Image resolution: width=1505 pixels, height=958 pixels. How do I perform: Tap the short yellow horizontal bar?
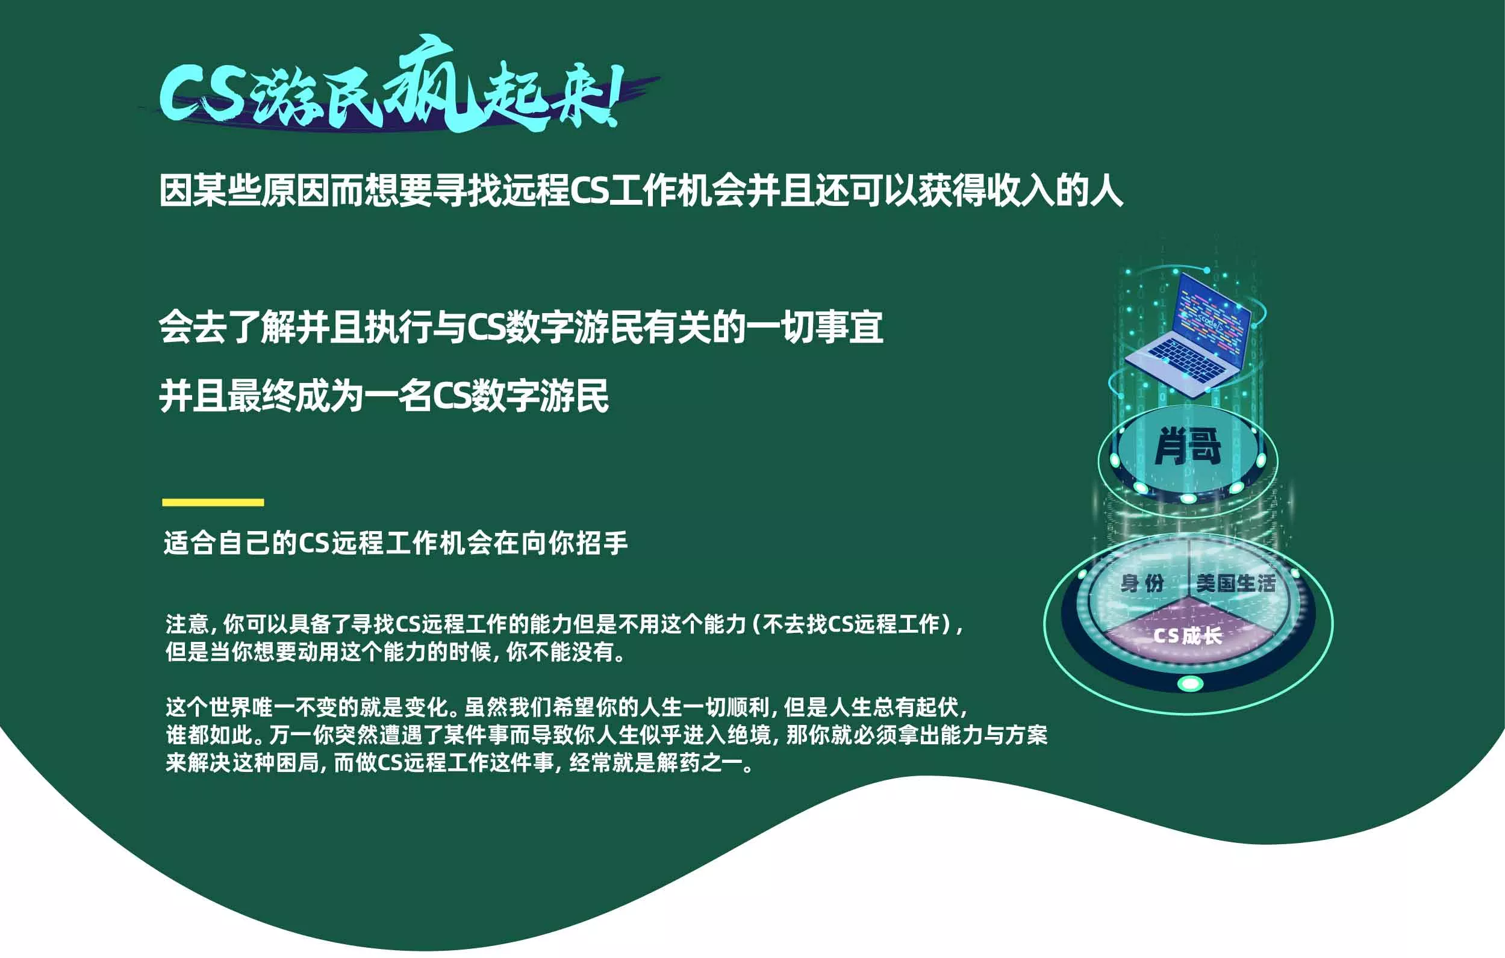coord(213,502)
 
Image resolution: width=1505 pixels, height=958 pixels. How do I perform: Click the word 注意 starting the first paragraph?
coord(187,624)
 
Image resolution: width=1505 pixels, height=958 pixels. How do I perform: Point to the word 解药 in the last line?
coord(678,762)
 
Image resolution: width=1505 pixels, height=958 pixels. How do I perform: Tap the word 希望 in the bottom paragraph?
coord(574,707)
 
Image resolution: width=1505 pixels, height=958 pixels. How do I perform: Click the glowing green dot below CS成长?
coord(1191,683)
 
